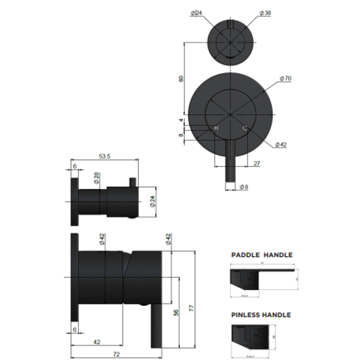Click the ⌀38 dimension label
point(265,13)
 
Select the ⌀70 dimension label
point(285,79)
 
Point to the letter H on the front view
point(216,128)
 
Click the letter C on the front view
point(245,128)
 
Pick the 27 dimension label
point(256,163)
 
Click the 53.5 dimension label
point(105,156)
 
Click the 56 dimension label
point(176,313)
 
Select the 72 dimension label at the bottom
point(116,354)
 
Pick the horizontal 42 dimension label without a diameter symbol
point(96,342)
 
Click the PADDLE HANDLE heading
point(262,255)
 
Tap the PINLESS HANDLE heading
point(261,315)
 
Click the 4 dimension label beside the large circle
point(181,120)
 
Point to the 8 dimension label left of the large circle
point(181,135)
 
